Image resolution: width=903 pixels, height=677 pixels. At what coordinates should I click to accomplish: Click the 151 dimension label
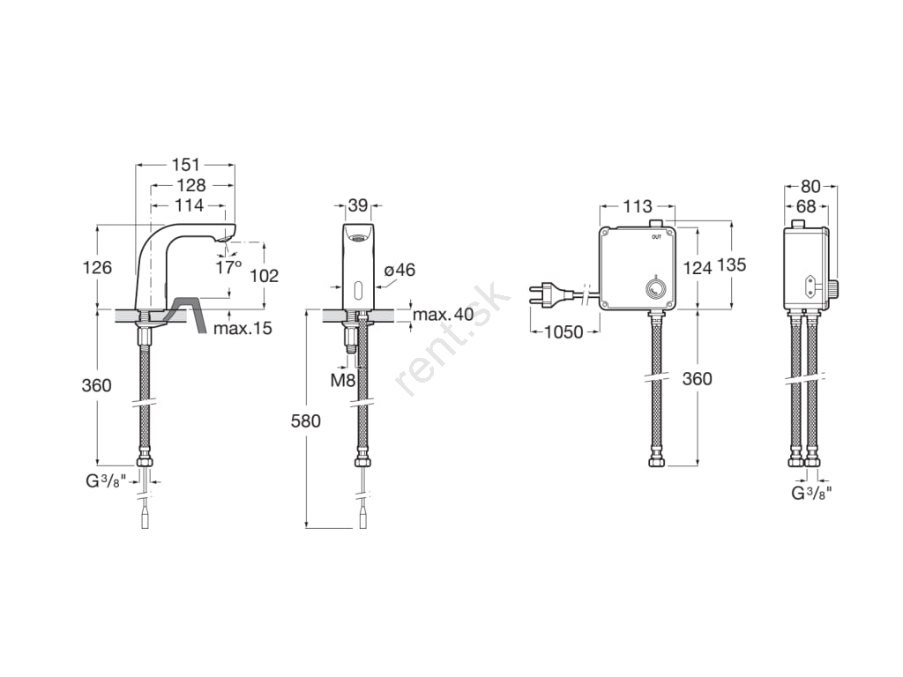coord(186,165)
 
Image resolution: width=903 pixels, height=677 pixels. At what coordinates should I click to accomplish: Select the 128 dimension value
coord(191,185)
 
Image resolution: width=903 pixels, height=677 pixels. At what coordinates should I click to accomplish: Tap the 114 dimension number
coord(189,205)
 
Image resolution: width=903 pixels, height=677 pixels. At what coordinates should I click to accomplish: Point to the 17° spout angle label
coord(228,267)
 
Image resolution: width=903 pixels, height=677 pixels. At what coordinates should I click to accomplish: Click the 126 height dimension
coord(97,267)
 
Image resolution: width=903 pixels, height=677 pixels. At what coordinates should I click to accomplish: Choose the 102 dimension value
coord(265,276)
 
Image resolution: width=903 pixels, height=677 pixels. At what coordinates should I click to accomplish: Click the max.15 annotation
coord(243,329)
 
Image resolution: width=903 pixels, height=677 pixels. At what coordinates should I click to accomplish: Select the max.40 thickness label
coord(443,314)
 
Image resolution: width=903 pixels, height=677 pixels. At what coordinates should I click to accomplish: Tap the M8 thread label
coord(343,380)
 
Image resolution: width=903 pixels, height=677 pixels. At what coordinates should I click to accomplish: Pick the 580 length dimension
coord(306,420)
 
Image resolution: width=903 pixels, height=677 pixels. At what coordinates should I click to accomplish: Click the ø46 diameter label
coord(399,270)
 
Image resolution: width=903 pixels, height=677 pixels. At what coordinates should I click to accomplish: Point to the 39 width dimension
coord(358,205)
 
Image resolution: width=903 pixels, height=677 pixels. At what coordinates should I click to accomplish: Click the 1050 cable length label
coord(564,331)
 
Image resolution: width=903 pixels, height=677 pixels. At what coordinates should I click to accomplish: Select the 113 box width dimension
coord(638,205)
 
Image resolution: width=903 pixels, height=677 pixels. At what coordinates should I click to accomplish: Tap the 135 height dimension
coord(732,264)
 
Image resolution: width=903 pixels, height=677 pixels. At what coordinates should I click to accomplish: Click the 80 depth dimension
coord(811,187)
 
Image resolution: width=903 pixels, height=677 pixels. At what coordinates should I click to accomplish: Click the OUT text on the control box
coord(656,237)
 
